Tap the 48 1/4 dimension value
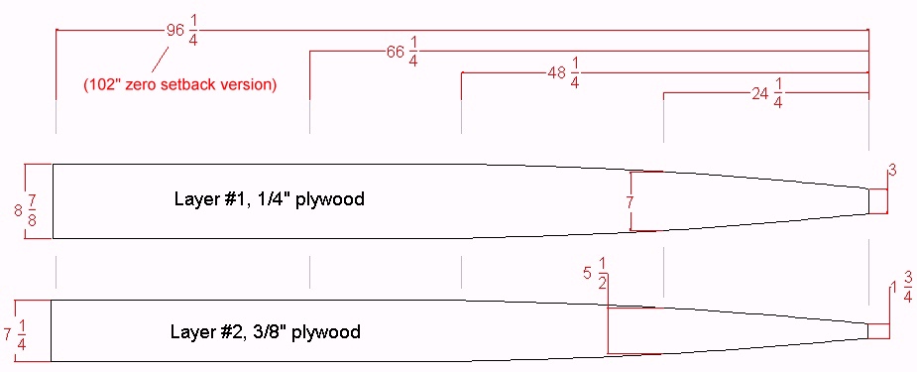(x=564, y=76)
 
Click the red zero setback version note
(x=179, y=84)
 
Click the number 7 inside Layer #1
(x=630, y=202)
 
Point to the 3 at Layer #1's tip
(x=892, y=171)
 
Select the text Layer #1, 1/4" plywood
(x=269, y=198)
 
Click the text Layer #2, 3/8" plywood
(x=266, y=332)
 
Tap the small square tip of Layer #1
(x=877, y=201)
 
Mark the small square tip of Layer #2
(x=878, y=331)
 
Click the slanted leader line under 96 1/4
(x=161, y=60)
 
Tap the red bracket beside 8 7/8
(x=25, y=201)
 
